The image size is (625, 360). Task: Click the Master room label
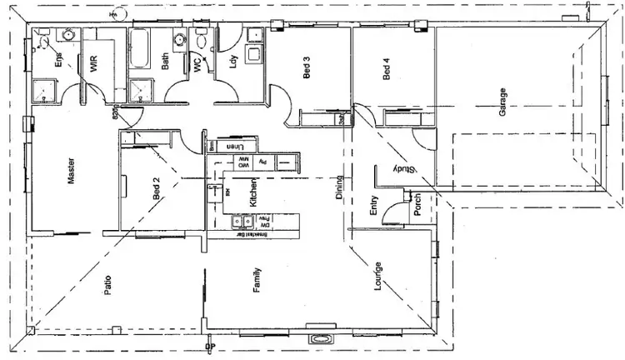tap(71, 171)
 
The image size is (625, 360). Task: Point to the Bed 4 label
tap(387, 68)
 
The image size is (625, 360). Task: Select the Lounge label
tap(377, 276)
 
